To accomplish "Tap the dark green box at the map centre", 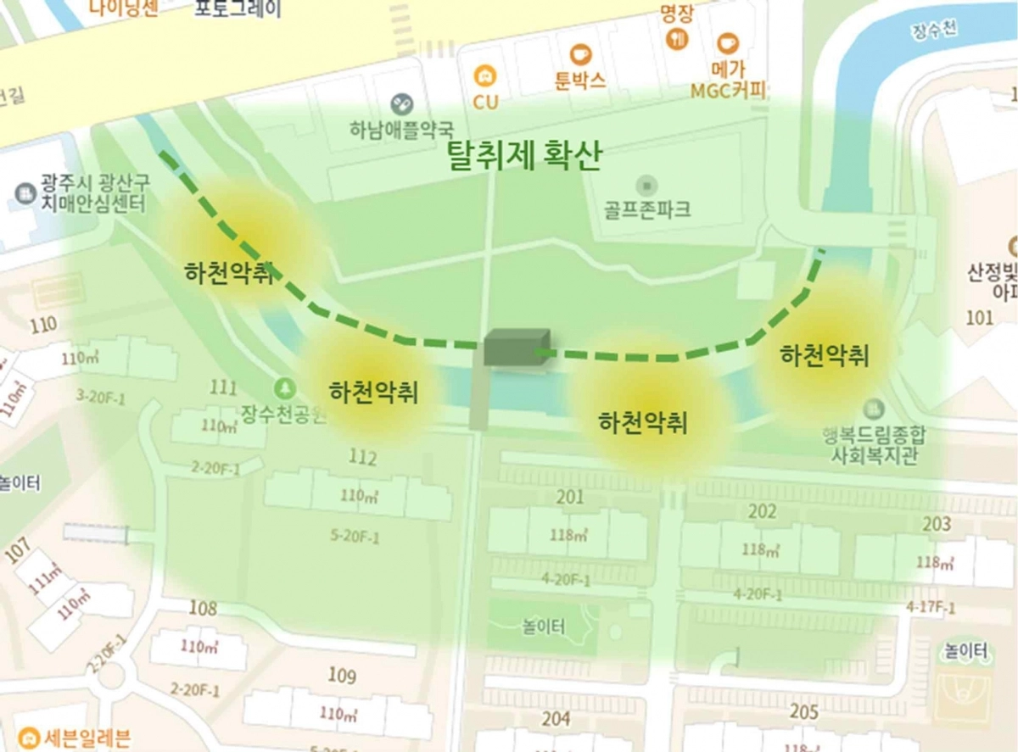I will pyautogui.click(x=517, y=348).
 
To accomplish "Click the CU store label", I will pyautogui.click(x=486, y=102).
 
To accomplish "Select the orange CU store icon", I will pyautogui.click(x=485, y=75).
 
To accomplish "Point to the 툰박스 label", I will pyautogui.click(x=580, y=81).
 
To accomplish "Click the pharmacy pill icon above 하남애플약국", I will pyautogui.click(x=401, y=104).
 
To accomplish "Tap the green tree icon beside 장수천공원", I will pyautogui.click(x=284, y=388).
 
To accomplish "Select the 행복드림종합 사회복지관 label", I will pyautogui.click(x=873, y=443).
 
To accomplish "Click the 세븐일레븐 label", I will pyautogui.click(x=86, y=738).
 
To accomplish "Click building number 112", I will pyautogui.click(x=362, y=458).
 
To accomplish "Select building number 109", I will pyautogui.click(x=342, y=676).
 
